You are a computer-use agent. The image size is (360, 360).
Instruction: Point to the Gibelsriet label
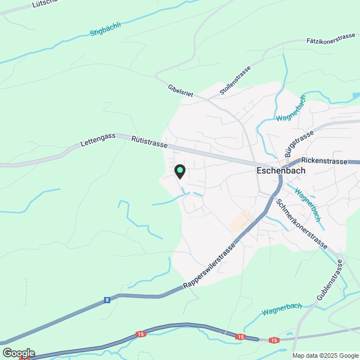(180, 91)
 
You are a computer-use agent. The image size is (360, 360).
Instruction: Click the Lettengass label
(98, 137)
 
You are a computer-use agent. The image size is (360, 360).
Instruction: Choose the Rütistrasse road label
(150, 142)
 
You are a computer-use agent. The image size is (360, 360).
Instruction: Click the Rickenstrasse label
(324, 161)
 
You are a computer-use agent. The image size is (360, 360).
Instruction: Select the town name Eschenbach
(280, 170)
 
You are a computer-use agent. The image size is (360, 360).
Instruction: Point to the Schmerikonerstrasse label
(301, 224)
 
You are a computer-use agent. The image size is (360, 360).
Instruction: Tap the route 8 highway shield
(107, 300)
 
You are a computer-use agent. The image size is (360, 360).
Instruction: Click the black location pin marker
(179, 171)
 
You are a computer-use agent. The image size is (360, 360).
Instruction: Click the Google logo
(18, 353)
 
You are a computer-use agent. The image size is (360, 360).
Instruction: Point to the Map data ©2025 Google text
(325, 355)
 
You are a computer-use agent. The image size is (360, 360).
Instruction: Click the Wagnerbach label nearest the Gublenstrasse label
(281, 309)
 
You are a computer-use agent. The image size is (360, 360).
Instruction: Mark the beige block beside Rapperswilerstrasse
(240, 221)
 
